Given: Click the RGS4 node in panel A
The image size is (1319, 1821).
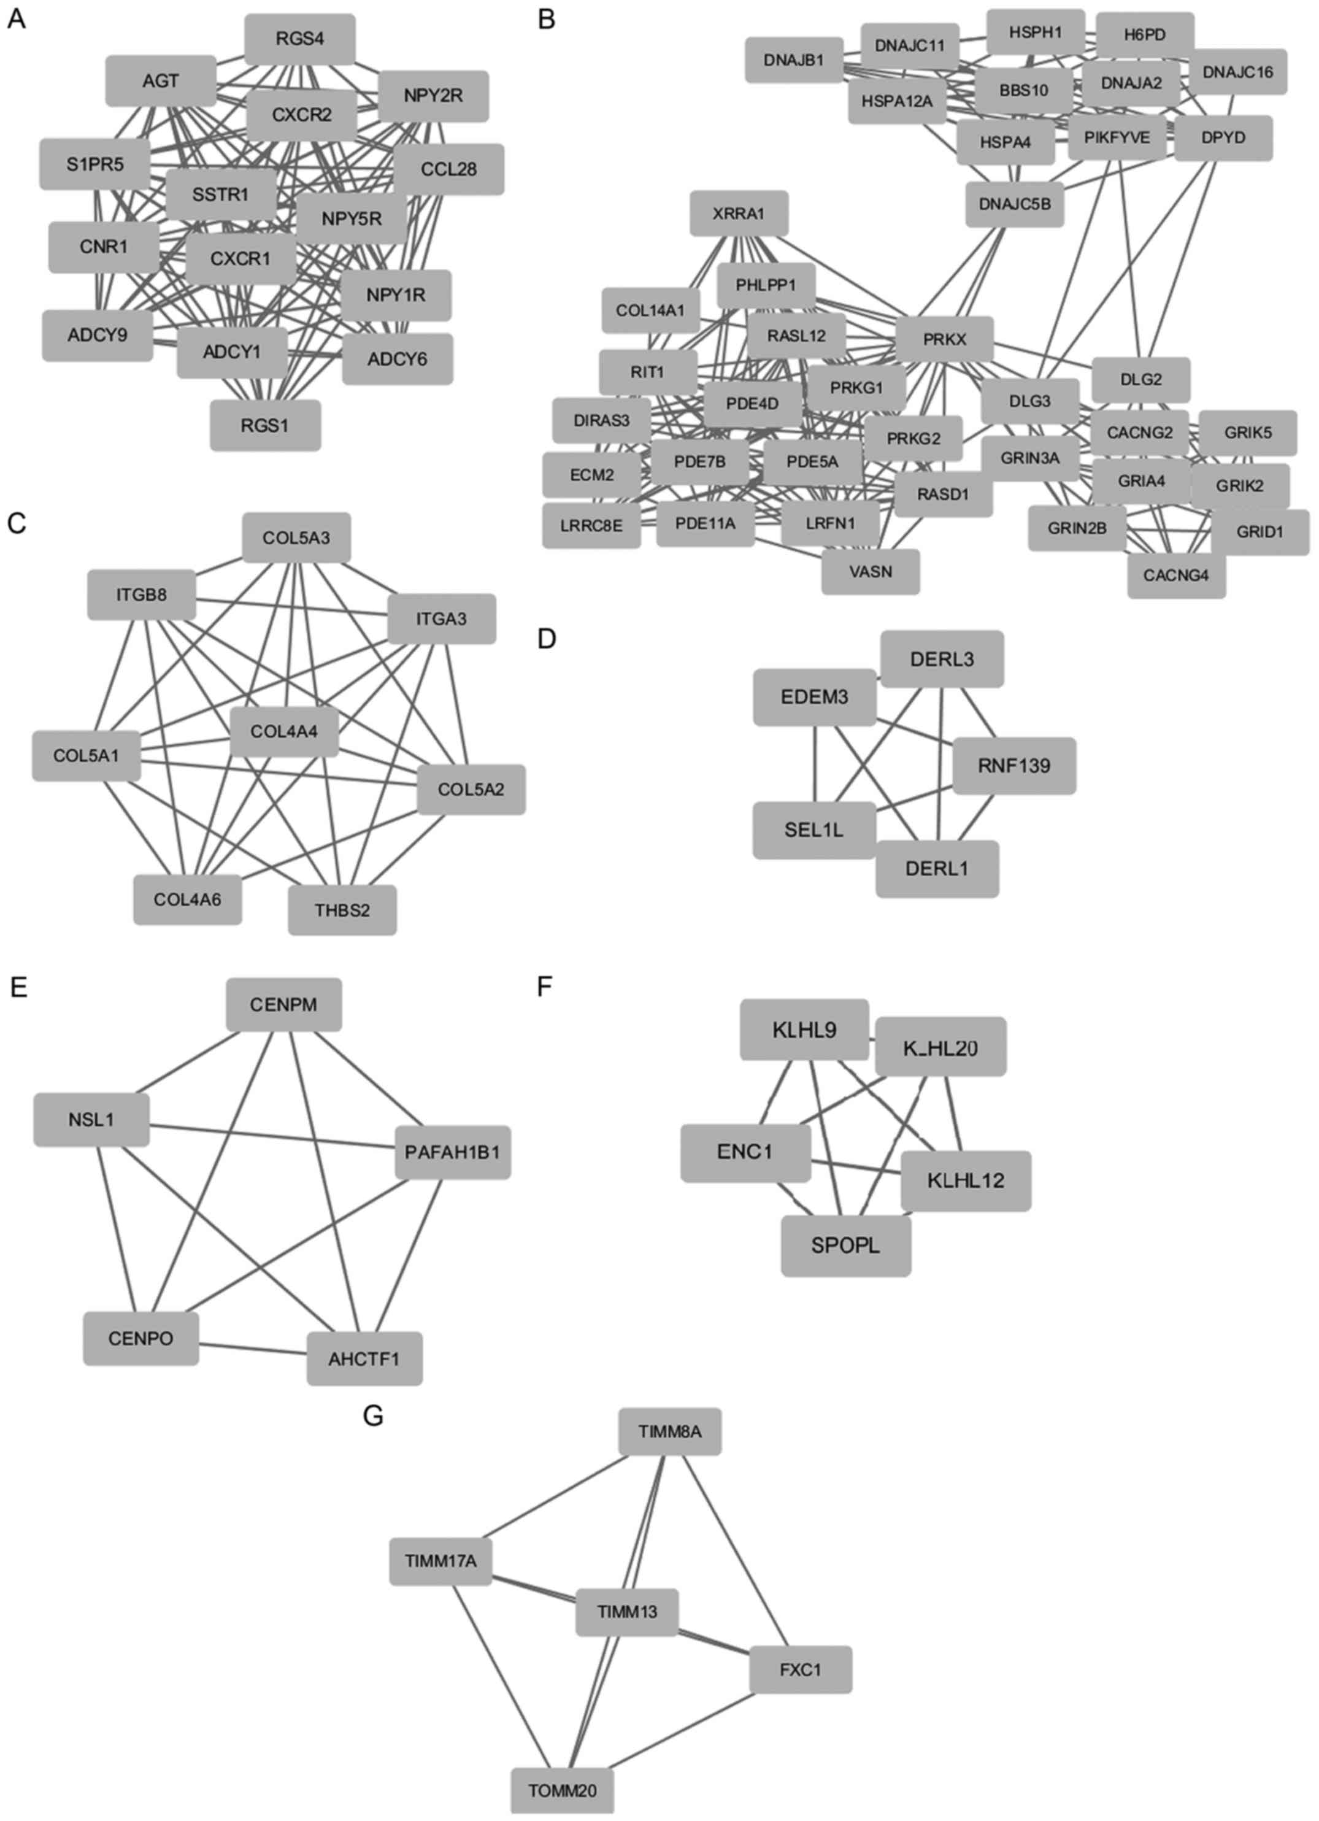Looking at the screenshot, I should tap(299, 39).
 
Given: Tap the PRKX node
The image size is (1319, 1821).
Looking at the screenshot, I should tap(944, 340).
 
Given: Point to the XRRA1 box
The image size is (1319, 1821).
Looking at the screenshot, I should tap(739, 214).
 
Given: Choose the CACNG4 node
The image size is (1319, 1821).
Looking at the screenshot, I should tap(1176, 575).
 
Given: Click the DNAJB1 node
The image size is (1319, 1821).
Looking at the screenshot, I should tap(794, 60).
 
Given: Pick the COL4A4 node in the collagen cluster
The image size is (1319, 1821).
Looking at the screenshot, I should tap(284, 731).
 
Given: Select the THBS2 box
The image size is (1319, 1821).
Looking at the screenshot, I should tap(342, 910).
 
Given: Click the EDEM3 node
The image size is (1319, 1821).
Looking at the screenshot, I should tap(814, 697).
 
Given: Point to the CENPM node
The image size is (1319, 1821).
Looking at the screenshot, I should tap(283, 1004).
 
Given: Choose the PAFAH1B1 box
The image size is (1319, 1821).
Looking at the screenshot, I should tap(453, 1153).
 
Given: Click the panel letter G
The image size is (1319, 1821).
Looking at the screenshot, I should tap(372, 1415).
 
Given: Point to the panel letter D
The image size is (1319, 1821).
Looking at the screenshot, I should tap(547, 639).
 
